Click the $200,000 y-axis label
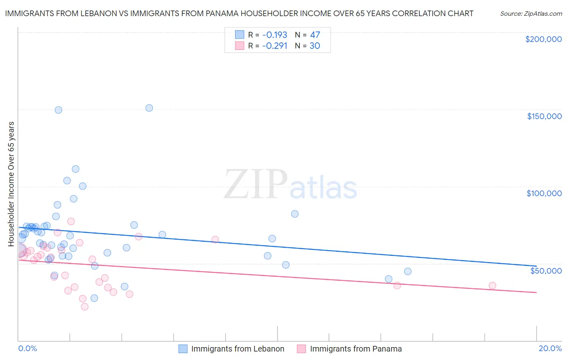543,39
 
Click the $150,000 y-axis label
544,116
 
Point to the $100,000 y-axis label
544,193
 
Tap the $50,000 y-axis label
546,270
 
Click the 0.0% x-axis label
27,348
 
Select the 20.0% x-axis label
550,348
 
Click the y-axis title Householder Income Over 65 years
11,184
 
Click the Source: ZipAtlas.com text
531,14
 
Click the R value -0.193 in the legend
274,35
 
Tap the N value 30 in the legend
315,46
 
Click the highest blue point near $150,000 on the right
149,108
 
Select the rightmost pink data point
492,285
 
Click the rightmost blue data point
408,271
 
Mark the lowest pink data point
85,307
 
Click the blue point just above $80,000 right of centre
295,214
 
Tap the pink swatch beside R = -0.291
240,46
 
